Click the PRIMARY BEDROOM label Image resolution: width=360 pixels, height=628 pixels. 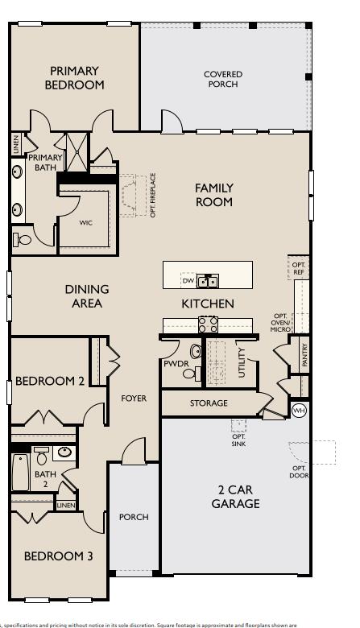click(x=74, y=78)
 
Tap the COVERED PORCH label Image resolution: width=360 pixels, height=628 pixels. click(x=223, y=79)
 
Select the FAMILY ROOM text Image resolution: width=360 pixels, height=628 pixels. click(x=214, y=195)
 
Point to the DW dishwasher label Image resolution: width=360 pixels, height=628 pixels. click(x=187, y=281)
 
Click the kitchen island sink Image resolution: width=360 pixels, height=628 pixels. click(x=208, y=281)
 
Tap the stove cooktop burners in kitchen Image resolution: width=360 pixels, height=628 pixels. click(x=209, y=324)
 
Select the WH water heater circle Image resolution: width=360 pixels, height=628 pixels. click(x=299, y=411)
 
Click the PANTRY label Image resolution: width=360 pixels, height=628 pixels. click(x=304, y=356)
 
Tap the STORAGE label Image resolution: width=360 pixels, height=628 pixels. click(x=209, y=403)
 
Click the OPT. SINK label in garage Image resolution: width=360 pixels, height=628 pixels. click(x=238, y=441)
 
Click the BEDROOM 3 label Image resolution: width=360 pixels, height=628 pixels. click(x=58, y=556)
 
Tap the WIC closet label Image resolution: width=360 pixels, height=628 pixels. click(x=85, y=223)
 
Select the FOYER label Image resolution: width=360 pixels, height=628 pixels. click(x=134, y=399)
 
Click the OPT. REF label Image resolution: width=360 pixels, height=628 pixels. click(x=299, y=268)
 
